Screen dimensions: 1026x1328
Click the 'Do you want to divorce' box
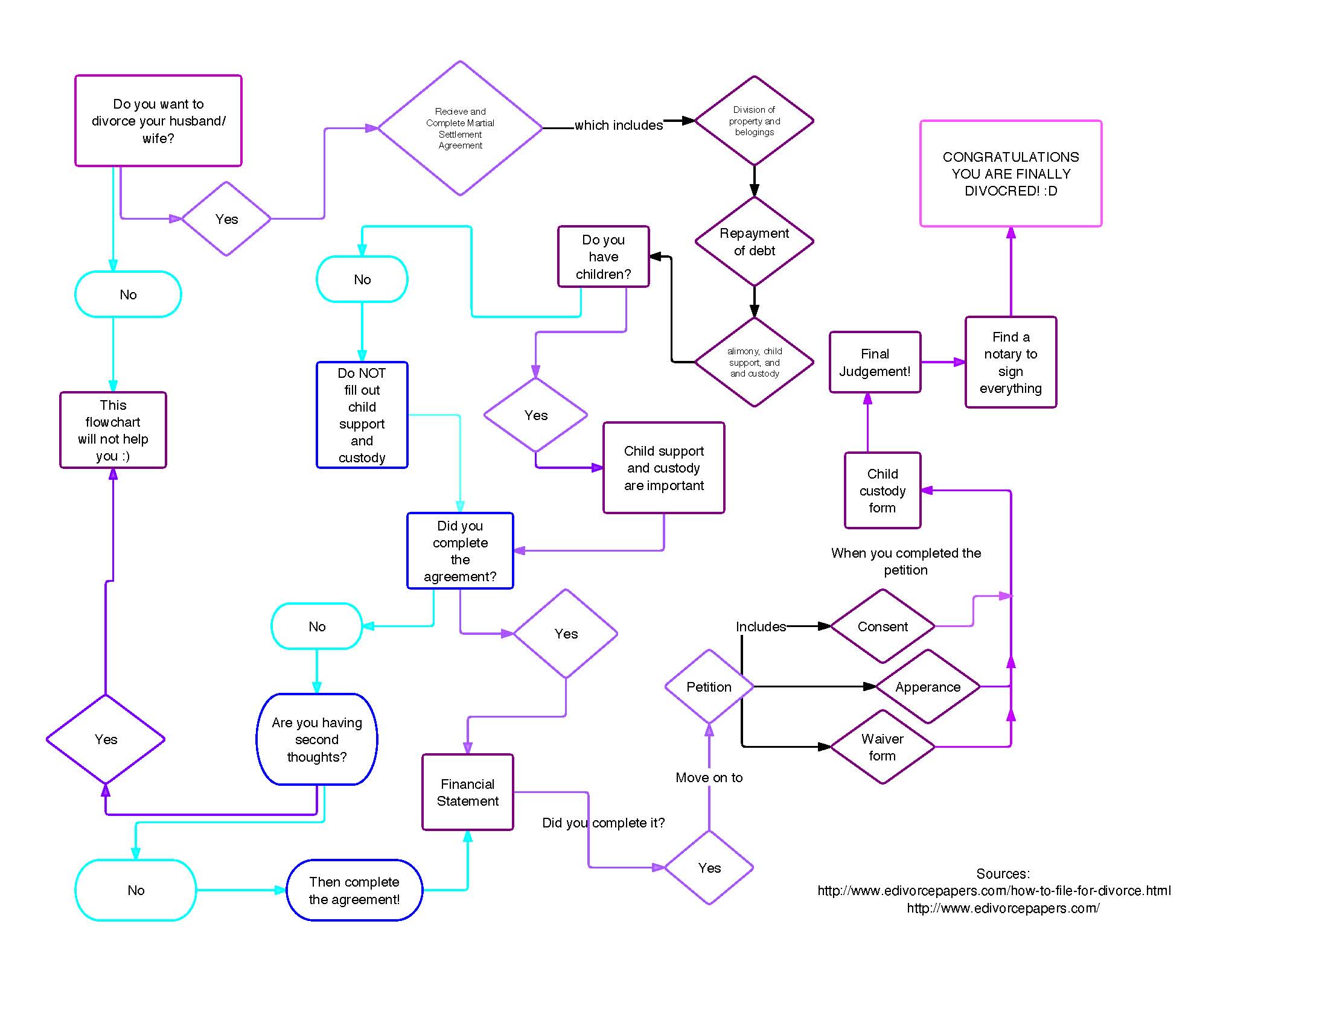point(158,120)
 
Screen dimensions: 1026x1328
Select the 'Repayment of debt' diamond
point(754,241)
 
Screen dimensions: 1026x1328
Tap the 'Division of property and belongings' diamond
point(754,120)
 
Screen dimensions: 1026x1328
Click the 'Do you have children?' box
point(603,256)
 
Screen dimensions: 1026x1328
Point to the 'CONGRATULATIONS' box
point(1010,174)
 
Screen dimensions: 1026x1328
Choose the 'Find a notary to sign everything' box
point(1010,362)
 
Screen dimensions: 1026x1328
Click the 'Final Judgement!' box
point(875,362)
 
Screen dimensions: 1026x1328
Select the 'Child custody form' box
point(883,491)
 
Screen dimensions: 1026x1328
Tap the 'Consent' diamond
point(883,626)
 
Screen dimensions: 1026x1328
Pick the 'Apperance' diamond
point(928,687)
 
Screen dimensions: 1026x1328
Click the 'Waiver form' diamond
point(883,747)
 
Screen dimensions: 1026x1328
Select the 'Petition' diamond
point(709,687)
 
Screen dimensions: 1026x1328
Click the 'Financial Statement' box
point(468,792)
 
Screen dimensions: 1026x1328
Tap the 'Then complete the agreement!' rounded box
point(354,890)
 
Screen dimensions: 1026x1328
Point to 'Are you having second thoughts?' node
point(317,739)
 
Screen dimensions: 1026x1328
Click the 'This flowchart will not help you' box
point(113,430)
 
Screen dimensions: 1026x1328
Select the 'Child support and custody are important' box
point(663,468)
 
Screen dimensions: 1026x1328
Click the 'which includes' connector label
point(618,125)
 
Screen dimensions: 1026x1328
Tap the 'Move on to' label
point(709,777)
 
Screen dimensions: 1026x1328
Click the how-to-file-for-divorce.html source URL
point(994,890)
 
